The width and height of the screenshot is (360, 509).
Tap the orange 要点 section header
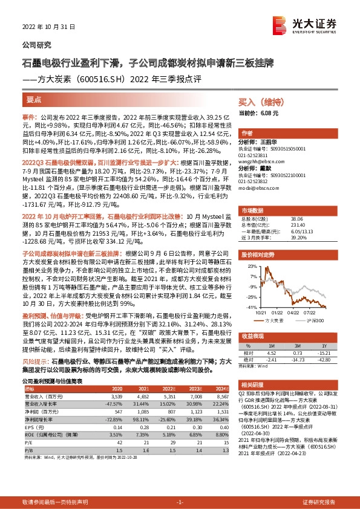pyautogui.click(x=34, y=99)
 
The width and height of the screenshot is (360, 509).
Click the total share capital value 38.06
pyautogui.click(x=298, y=219)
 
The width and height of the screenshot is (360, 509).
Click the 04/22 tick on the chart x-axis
pyautogui.click(x=292, y=313)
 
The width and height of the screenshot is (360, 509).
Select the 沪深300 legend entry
pyautogui.click(x=314, y=320)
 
